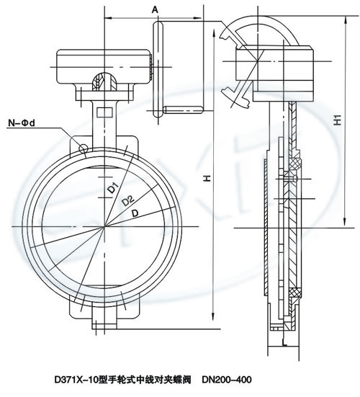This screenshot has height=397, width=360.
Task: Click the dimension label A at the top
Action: tap(155, 9)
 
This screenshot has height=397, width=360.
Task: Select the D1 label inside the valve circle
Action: tap(113, 187)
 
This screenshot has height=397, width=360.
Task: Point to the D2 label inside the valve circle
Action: tap(127, 201)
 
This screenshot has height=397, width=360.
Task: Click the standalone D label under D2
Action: tap(135, 213)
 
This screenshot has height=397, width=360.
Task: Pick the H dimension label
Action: tap(207, 179)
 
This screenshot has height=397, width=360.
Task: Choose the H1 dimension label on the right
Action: tap(338, 120)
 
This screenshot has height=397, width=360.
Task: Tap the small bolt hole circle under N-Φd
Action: tap(84, 148)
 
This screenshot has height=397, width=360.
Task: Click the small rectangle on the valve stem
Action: tap(104, 112)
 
